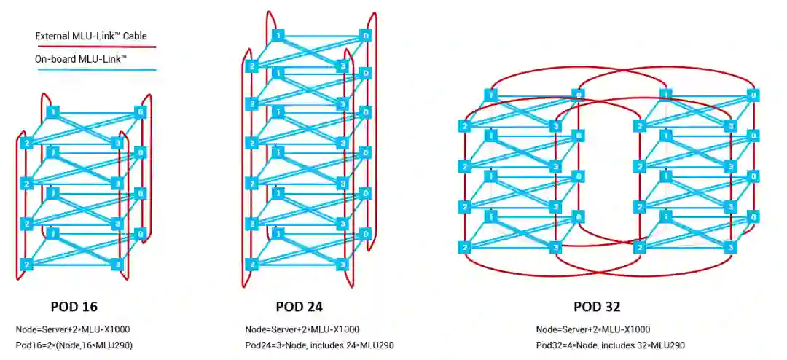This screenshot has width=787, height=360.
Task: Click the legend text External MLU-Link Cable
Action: pos(95,35)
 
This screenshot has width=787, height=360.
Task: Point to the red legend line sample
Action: pos(95,47)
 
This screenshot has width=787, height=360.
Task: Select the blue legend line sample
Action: pos(95,70)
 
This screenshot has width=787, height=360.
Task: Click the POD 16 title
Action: pos(74,306)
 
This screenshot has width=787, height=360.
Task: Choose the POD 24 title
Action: pos(299,306)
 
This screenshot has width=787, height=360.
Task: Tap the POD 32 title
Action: pos(597,306)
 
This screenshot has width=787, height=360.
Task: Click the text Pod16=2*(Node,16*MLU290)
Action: pos(74,345)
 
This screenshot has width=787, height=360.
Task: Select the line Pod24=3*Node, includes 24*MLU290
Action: pos(319,345)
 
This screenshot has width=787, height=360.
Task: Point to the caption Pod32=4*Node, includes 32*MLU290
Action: pos(610,345)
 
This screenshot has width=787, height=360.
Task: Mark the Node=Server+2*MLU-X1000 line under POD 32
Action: pos(592,329)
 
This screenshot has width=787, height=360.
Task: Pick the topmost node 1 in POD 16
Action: pos(52,112)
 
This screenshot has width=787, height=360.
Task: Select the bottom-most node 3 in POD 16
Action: pos(116,264)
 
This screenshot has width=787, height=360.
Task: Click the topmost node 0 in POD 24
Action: pos(366,35)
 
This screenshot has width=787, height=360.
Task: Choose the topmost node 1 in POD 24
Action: pos(277,35)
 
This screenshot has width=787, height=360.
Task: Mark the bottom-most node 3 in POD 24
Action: pos(342,264)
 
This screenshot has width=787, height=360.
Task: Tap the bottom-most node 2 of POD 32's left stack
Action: pos(465,248)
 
